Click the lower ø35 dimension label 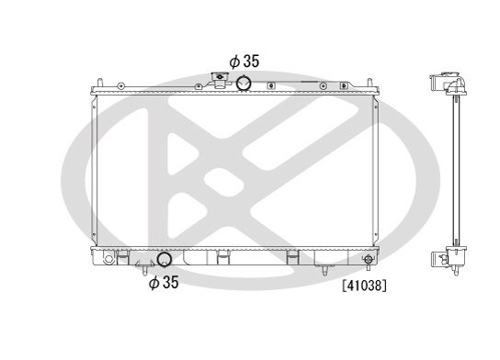click(x=165, y=283)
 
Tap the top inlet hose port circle click(x=244, y=84)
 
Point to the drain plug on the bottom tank click(x=369, y=261)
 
